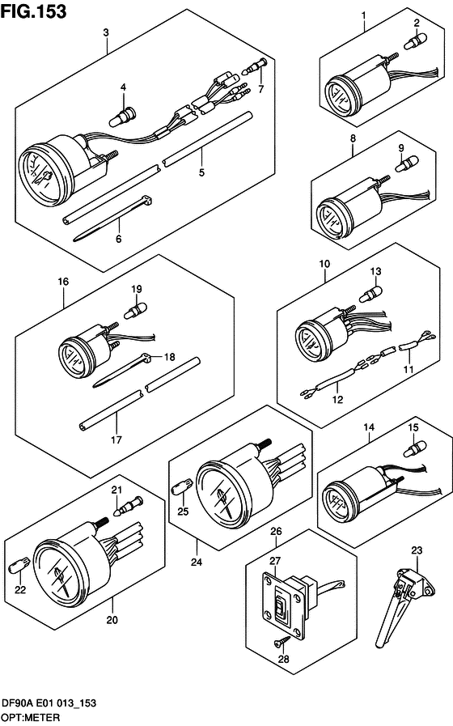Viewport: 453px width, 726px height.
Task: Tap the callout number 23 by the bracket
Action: point(417,551)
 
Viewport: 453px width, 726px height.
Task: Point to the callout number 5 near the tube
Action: point(202,172)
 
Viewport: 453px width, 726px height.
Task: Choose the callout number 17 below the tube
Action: point(116,440)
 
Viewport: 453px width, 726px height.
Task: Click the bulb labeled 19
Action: point(135,309)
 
